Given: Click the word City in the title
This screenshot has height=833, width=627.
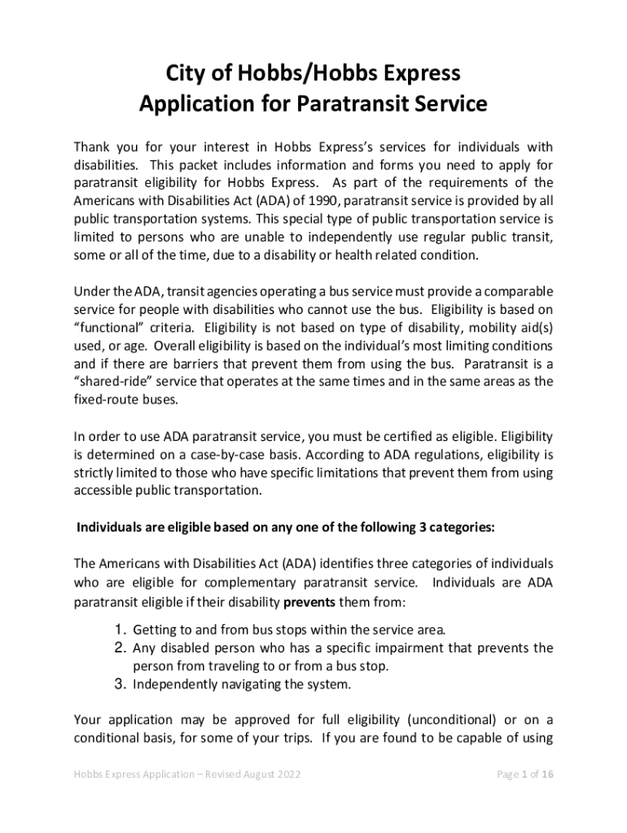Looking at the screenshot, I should click(186, 74).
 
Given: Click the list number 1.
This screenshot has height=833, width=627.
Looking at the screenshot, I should click(118, 630).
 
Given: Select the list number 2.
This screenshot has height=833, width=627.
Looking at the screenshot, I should click(118, 648).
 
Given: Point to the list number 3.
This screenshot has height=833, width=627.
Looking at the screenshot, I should click(118, 683).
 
